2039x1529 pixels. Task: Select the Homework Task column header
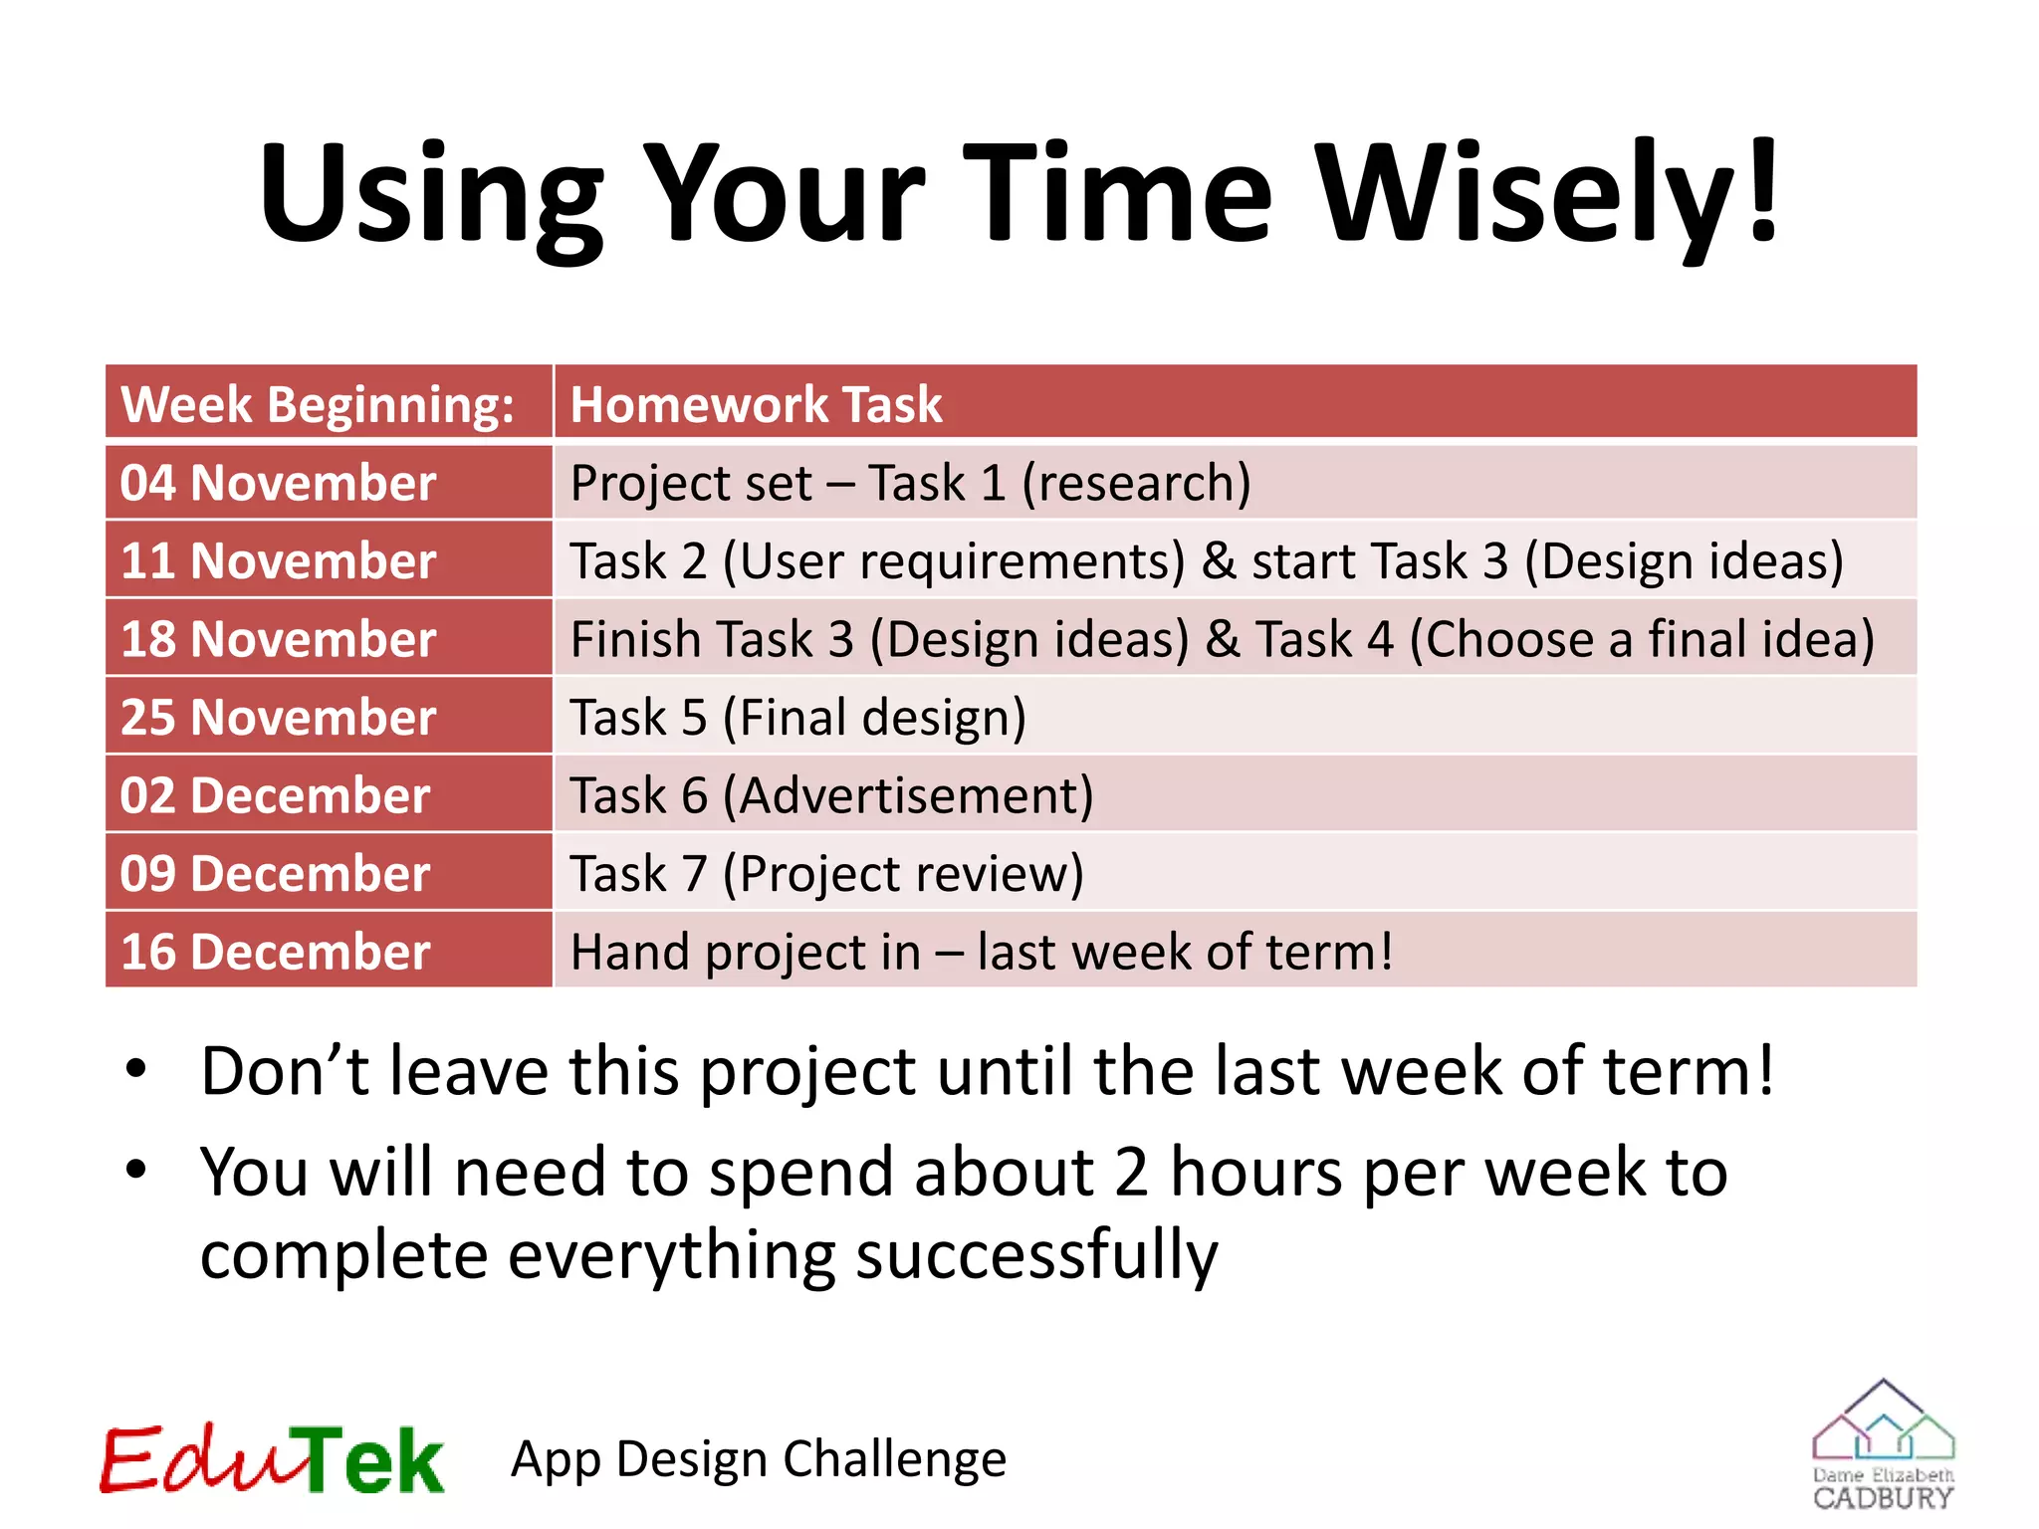tap(756, 404)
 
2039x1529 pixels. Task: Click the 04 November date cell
tap(279, 483)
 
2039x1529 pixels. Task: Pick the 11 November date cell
tap(279, 560)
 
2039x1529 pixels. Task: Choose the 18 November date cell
tap(279, 639)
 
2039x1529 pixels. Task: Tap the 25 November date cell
tap(279, 717)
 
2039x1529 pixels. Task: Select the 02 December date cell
tap(275, 795)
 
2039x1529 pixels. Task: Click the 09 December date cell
tap(275, 873)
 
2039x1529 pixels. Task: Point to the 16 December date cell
tap(275, 952)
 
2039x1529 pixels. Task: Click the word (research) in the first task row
tap(1136, 483)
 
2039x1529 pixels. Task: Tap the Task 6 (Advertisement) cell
tap(831, 795)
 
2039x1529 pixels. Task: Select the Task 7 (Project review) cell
tap(826, 873)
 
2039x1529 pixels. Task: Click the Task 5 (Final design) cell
tap(797, 717)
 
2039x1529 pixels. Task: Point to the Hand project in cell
tap(981, 952)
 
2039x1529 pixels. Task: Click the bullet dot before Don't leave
tap(136, 1070)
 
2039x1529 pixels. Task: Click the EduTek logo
tap(271, 1459)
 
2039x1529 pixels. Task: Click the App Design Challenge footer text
tap(759, 1459)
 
